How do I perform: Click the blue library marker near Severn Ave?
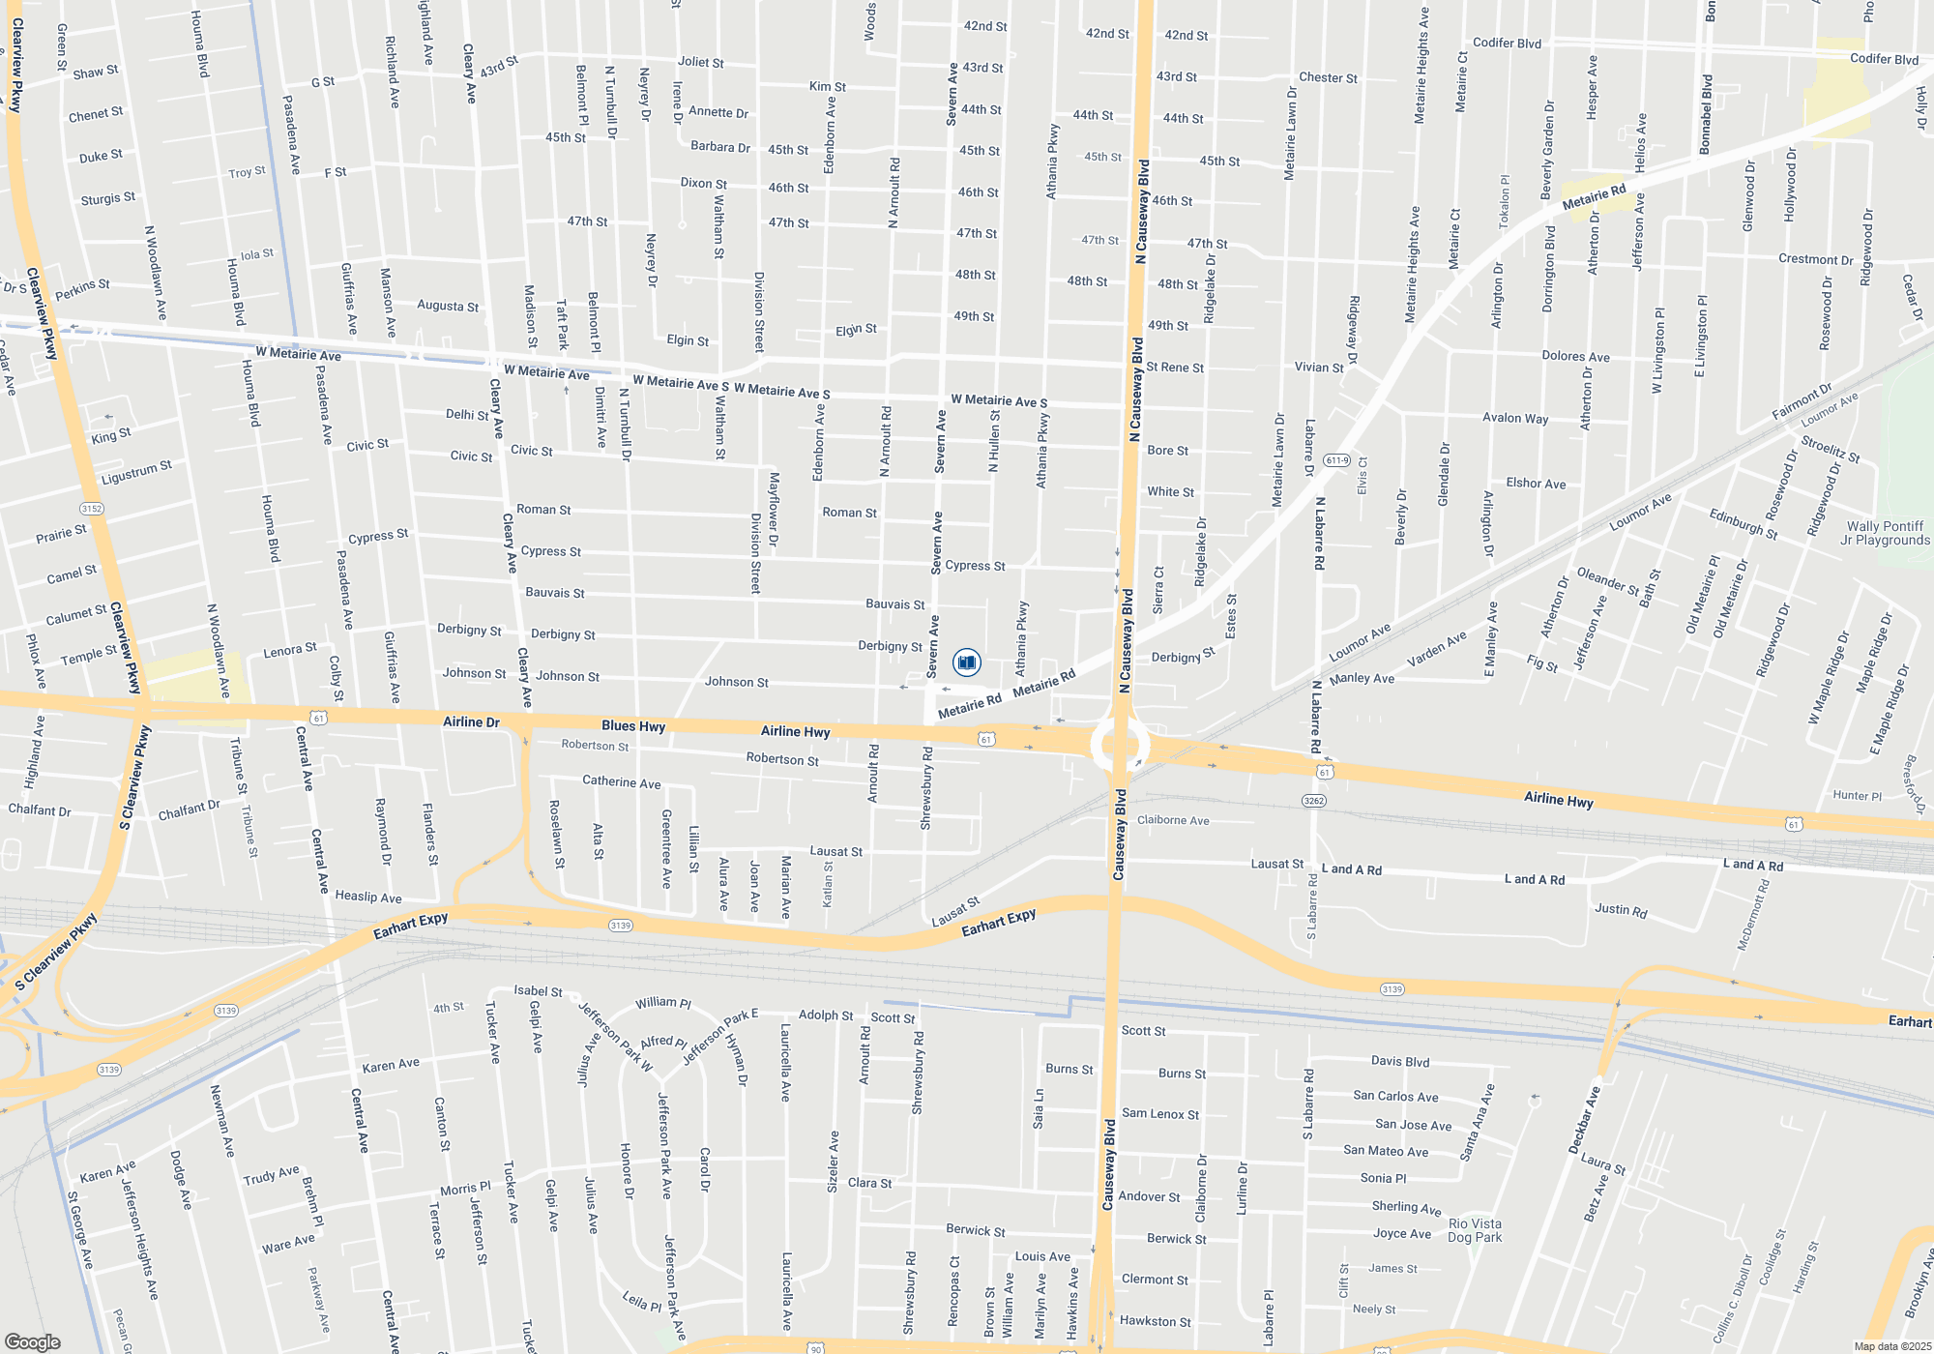966,662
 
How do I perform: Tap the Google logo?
32,1341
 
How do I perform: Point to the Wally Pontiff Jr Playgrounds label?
1885,533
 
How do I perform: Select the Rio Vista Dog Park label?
1475,1230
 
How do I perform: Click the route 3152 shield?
92,509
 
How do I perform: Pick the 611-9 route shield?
1336,459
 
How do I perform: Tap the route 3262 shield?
1313,800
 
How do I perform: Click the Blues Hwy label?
633,725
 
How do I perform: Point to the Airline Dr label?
471,721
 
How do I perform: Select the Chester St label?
1328,77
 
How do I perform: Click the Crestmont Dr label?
1815,259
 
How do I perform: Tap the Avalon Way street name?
1515,418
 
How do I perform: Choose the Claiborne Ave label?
1173,820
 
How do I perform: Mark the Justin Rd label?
1621,909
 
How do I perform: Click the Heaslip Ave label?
367,897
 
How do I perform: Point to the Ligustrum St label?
136,473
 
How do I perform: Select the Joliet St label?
701,62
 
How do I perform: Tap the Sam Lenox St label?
1160,1114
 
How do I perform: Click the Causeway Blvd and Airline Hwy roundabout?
1120,746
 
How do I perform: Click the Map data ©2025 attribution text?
1892,1346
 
